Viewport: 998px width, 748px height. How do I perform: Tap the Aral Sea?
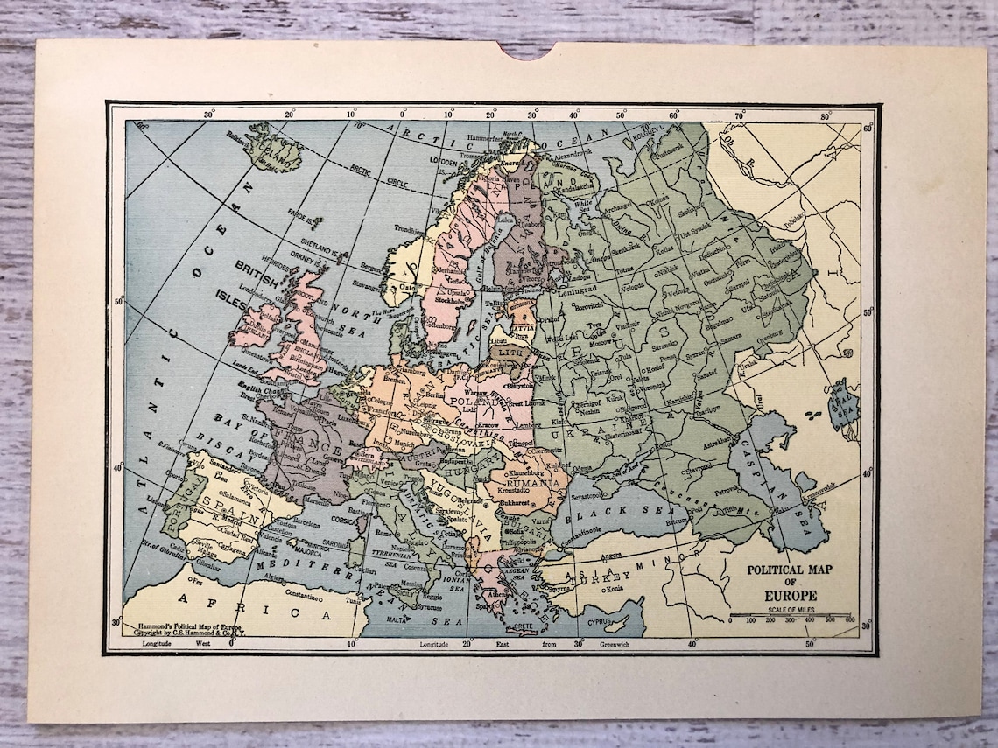844,404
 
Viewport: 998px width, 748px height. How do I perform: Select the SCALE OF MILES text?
791,610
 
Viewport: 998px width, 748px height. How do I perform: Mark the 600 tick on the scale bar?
849,620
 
